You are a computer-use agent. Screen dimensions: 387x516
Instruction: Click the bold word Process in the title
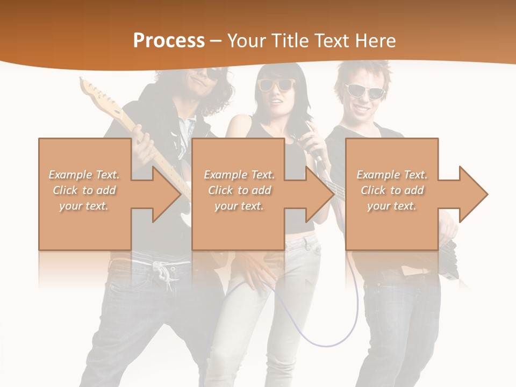[x=169, y=41]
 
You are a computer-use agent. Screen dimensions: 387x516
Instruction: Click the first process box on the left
[x=84, y=194]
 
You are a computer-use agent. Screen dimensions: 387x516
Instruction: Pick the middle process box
[x=238, y=194]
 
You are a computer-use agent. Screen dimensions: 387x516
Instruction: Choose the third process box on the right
[x=391, y=194]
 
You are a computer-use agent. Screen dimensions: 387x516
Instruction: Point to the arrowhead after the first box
[x=166, y=194]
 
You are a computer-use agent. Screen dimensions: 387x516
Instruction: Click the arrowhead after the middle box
[x=320, y=194]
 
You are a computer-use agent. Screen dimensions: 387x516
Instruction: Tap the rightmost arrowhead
[x=473, y=194]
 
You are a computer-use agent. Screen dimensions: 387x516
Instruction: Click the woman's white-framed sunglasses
[x=276, y=84]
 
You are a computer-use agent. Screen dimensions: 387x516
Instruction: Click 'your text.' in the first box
[x=84, y=206]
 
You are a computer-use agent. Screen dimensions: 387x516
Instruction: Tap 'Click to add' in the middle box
[x=239, y=190]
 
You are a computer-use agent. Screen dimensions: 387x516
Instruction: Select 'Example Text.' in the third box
[x=392, y=175]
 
